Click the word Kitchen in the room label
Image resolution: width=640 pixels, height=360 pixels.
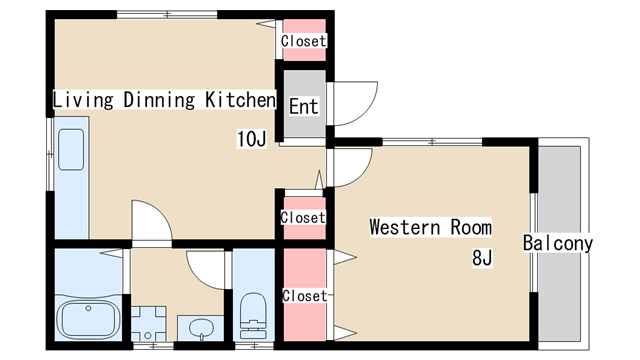(x=240, y=100)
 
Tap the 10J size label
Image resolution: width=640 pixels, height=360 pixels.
(x=251, y=139)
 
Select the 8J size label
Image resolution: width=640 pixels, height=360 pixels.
(x=482, y=258)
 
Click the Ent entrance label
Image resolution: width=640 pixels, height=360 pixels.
(x=304, y=107)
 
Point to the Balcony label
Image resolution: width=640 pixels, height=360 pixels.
(x=558, y=243)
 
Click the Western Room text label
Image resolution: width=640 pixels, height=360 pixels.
(x=431, y=227)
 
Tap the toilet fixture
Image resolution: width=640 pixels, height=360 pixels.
(x=253, y=316)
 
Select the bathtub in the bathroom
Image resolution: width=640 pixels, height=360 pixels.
(x=89, y=320)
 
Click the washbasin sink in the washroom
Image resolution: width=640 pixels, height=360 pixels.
(x=201, y=328)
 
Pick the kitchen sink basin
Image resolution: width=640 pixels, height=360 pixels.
(x=71, y=149)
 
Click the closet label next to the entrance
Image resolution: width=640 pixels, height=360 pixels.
(x=304, y=41)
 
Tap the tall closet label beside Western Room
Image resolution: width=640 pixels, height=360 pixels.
(x=305, y=296)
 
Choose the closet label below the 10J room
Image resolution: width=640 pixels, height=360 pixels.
(x=303, y=218)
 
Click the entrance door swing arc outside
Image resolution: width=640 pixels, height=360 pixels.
(x=366, y=111)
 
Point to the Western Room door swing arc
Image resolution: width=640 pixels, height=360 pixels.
(x=362, y=174)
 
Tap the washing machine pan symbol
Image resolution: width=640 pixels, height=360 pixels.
(x=148, y=324)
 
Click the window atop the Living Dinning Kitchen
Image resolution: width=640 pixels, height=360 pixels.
(x=167, y=15)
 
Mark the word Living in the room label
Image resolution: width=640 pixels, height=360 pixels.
(x=83, y=100)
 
